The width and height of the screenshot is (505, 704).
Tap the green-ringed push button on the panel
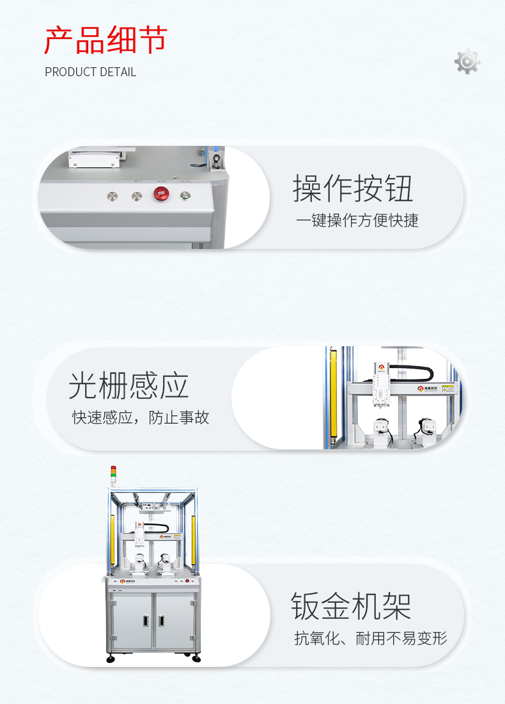185,196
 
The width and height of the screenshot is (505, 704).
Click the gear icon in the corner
467,61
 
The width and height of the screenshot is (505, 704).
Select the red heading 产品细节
105,40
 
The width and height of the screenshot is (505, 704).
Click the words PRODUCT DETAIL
90,72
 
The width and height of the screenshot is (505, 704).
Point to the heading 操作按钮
353,188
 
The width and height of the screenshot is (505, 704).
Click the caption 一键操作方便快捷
357,221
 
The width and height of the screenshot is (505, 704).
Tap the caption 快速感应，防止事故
141,418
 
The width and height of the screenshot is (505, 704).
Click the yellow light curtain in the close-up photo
332,397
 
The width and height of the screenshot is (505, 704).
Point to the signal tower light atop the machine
114,474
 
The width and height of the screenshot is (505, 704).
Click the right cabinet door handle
160,620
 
